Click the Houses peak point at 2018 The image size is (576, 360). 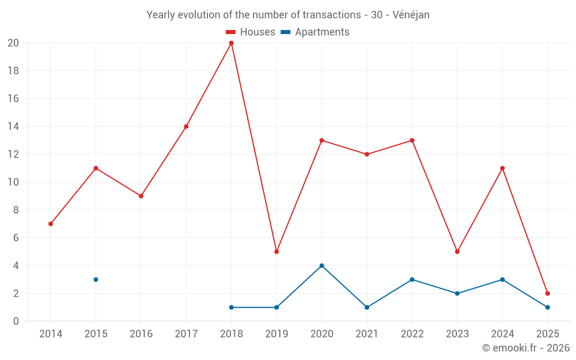click(231, 43)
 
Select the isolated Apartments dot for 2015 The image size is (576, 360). click(96, 279)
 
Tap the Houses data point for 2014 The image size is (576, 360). click(51, 223)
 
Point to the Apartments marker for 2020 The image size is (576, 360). click(321, 266)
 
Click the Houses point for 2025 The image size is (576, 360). click(547, 293)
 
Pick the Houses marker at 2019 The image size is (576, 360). click(276, 252)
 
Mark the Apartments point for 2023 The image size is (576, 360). click(457, 293)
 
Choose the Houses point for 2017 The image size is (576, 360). click(186, 126)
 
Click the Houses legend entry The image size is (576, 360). click(251, 32)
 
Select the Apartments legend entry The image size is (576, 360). click(315, 32)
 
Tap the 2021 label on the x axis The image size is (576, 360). click(367, 334)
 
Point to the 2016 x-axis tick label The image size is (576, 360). click(141, 334)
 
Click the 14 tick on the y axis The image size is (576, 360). click(13, 126)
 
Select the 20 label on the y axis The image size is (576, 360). click(13, 43)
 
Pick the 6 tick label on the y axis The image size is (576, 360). click(16, 238)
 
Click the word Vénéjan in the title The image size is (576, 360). click(411, 15)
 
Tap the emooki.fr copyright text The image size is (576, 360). click(526, 348)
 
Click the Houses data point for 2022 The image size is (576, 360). click(412, 141)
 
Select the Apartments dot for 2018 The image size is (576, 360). click(231, 307)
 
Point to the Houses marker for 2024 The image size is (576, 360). click(502, 168)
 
